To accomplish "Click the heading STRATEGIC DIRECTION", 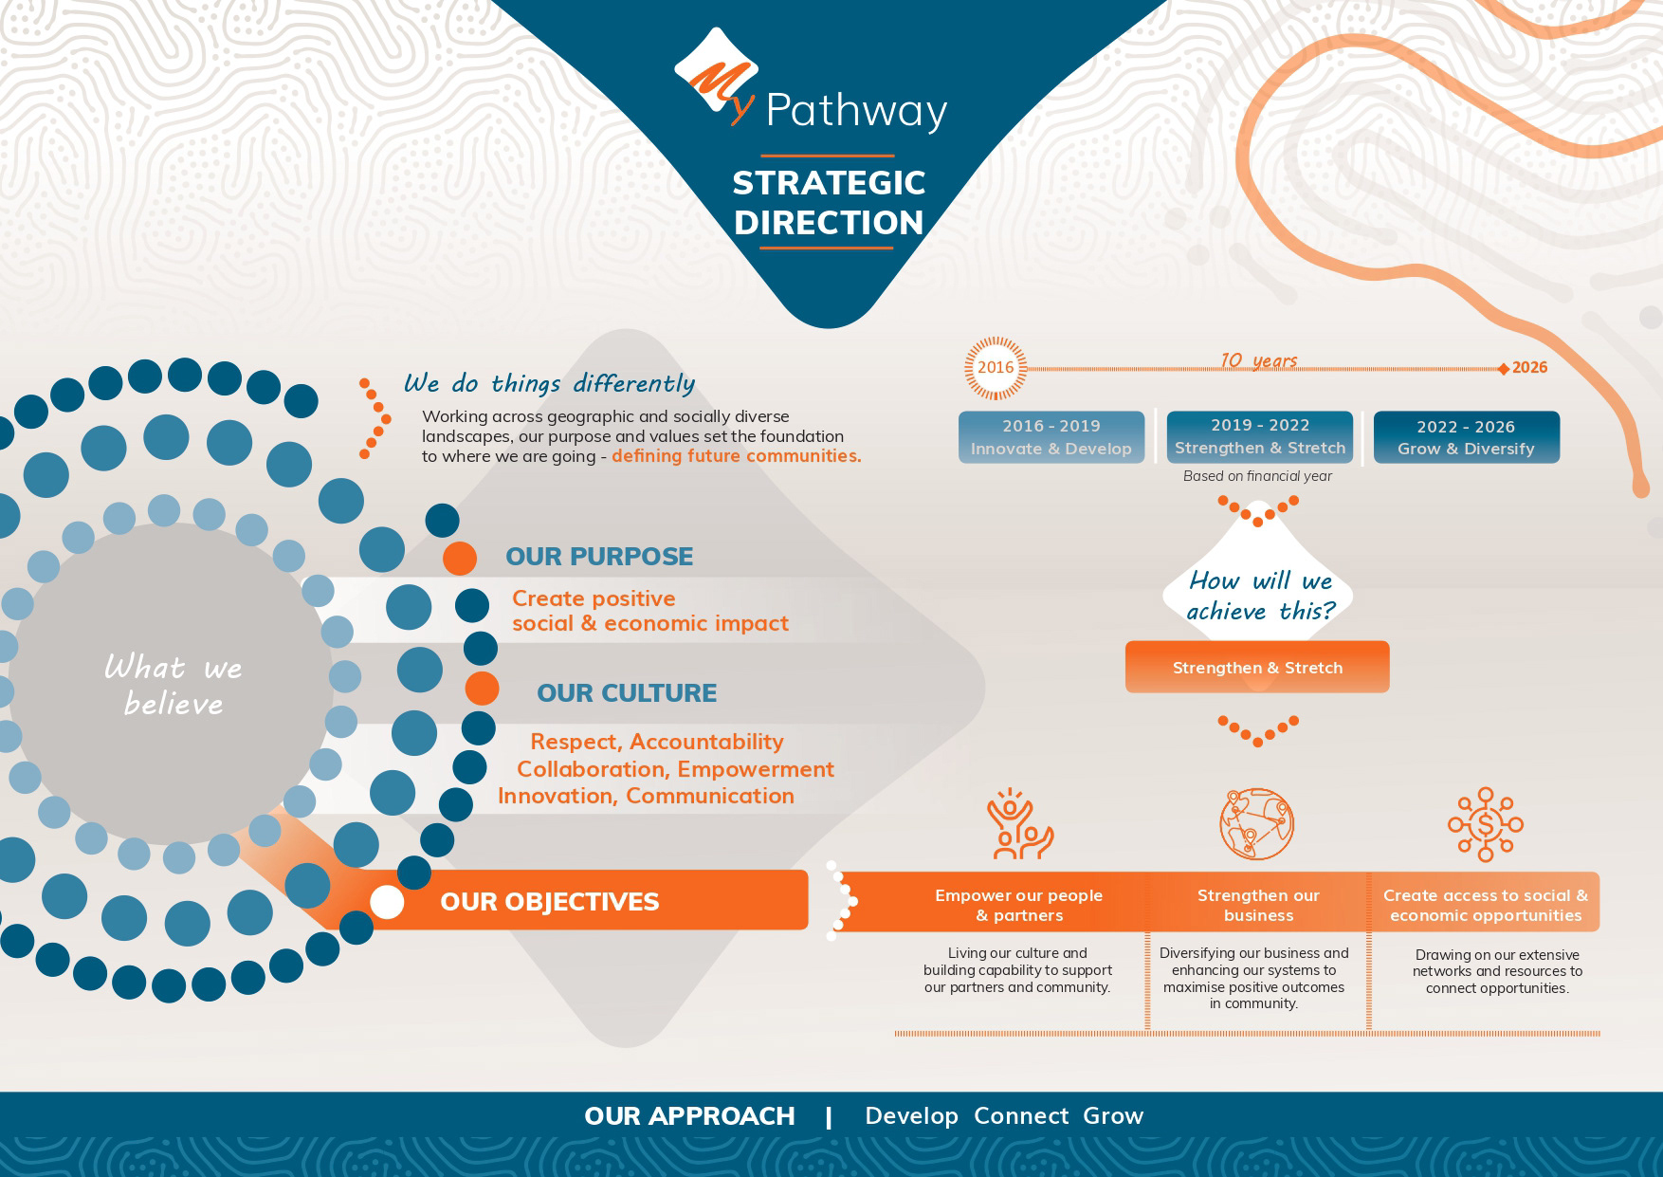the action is (x=829, y=202).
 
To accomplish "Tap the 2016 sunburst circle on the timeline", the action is (x=996, y=367).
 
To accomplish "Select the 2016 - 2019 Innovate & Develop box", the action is (x=1051, y=437).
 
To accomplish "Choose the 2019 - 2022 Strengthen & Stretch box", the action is (x=1260, y=436).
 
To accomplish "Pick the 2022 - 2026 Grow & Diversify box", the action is (x=1466, y=437).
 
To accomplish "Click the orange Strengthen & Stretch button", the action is (x=1257, y=667).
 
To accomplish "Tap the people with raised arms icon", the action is (x=1019, y=823).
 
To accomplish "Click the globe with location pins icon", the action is (x=1257, y=823).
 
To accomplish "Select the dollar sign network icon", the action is (x=1486, y=824).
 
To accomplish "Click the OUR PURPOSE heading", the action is (x=599, y=556).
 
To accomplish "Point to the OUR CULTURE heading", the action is (x=627, y=692).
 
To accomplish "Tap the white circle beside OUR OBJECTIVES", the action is (x=387, y=901).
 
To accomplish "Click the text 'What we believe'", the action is (x=174, y=685).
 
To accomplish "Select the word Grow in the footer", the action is (x=1113, y=1115).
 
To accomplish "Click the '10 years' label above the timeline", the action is (x=1258, y=360).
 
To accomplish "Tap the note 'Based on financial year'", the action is (x=1257, y=476).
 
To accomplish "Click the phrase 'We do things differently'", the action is (x=549, y=383).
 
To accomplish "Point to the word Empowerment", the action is (x=755, y=769).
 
